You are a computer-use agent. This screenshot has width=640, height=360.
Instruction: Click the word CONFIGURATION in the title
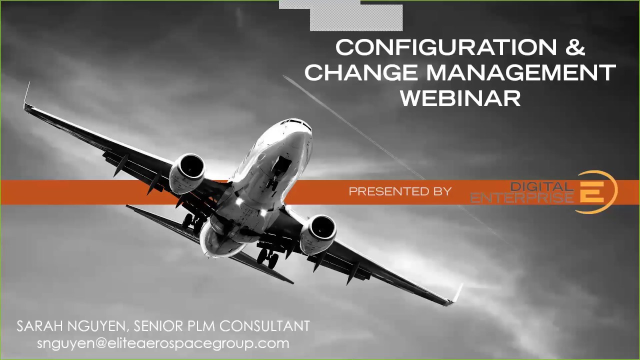pyautogui.click(x=445, y=48)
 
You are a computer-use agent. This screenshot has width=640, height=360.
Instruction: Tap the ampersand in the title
pyautogui.click(x=575, y=48)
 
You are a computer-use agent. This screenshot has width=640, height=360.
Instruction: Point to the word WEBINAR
pyautogui.click(x=460, y=98)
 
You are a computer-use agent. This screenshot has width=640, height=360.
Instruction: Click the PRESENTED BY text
pyautogui.click(x=400, y=191)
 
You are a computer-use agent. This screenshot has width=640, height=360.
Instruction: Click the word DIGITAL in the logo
pyautogui.click(x=541, y=186)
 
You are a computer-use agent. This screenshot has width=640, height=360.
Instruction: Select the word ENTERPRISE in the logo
pyautogui.click(x=522, y=198)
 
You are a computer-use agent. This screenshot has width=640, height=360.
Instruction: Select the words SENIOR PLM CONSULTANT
pyautogui.click(x=222, y=326)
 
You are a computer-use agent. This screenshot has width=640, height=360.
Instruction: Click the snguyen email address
pyautogui.click(x=163, y=343)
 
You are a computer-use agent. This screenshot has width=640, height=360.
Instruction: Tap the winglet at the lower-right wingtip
pyautogui.click(x=456, y=294)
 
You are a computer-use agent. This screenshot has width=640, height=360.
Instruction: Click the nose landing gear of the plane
pyautogui.click(x=273, y=182)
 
